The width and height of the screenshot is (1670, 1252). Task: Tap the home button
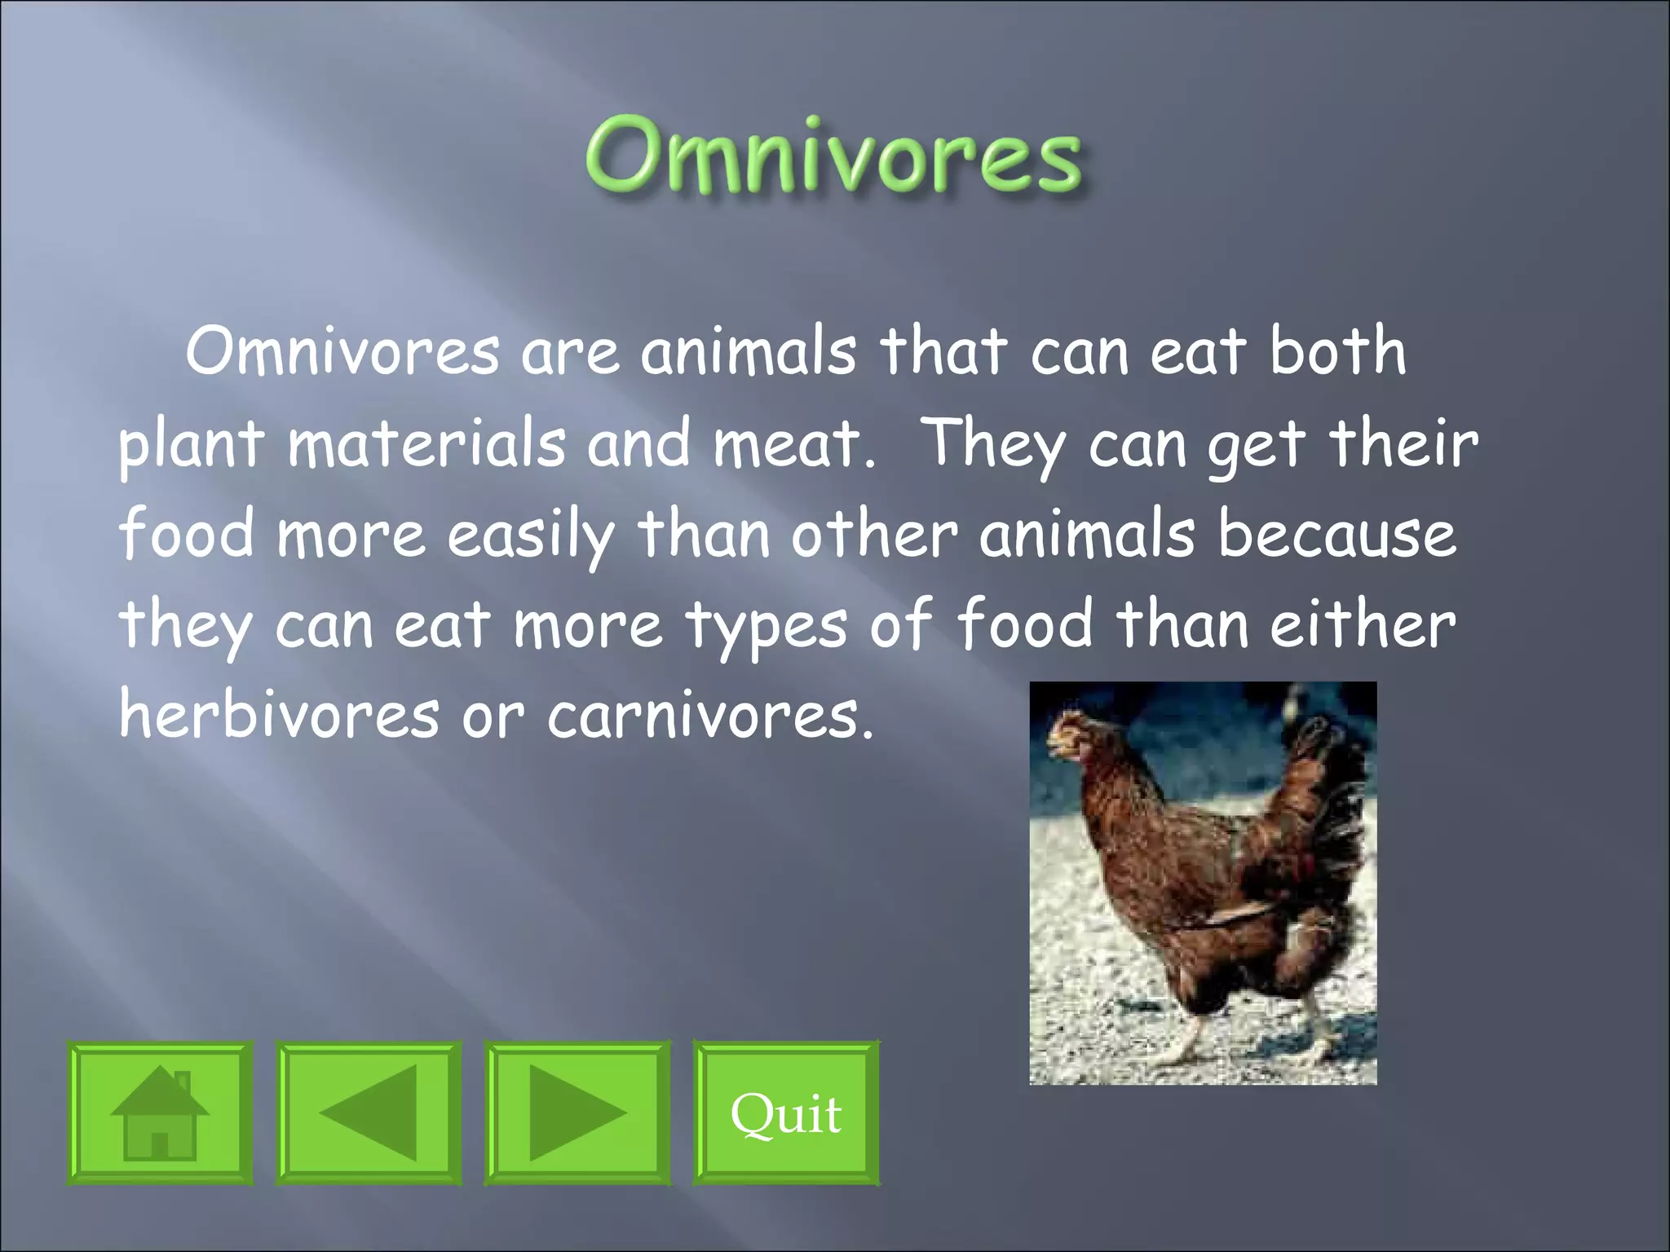160,1112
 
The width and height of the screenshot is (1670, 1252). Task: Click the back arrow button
369,1112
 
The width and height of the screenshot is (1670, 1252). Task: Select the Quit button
786,1112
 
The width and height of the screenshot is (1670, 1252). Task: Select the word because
1337,535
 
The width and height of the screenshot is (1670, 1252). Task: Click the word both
1337,350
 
